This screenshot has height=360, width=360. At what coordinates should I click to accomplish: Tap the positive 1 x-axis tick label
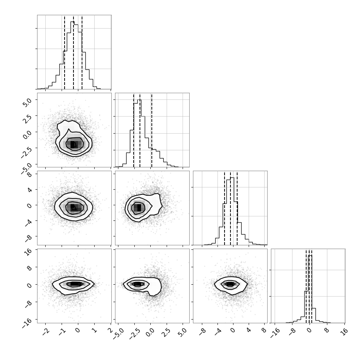click(x=95, y=330)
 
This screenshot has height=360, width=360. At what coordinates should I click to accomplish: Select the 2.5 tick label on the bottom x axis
click(x=167, y=332)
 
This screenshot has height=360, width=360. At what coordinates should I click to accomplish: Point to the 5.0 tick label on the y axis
click(x=27, y=103)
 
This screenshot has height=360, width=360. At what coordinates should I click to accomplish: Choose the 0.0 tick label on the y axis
click(x=27, y=135)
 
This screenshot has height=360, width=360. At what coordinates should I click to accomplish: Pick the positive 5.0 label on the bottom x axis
click(x=183, y=332)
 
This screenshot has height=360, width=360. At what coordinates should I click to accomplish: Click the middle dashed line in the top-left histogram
click(x=73, y=52)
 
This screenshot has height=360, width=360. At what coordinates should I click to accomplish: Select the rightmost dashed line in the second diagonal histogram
click(x=151, y=130)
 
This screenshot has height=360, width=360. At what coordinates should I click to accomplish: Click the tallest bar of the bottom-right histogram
click(x=310, y=289)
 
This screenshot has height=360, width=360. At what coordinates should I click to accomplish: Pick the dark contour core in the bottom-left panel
click(x=74, y=284)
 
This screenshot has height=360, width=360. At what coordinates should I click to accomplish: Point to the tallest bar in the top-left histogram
click(x=72, y=55)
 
